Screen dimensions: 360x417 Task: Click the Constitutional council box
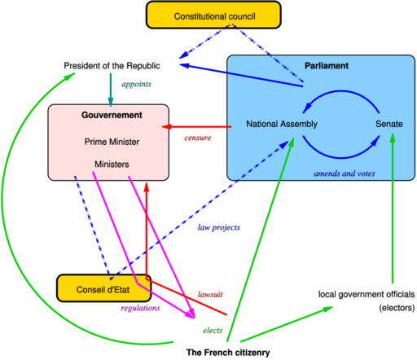[x=213, y=15]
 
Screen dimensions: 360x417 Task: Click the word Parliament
[x=326, y=66]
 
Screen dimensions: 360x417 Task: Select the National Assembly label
[x=282, y=124]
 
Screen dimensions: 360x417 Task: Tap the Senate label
[x=389, y=124]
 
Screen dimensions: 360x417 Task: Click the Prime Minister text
[x=112, y=143]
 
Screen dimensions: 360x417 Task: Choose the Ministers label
[x=112, y=165]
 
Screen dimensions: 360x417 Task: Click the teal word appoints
[x=136, y=85]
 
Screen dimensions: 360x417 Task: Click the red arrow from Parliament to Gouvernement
[x=195, y=127]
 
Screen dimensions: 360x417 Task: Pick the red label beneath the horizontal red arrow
[x=197, y=138]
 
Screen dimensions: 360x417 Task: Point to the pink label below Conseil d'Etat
[x=140, y=309]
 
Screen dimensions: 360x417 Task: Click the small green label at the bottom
[x=213, y=330]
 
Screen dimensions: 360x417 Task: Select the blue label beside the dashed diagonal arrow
[x=218, y=228]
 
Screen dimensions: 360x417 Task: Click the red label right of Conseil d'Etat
[x=210, y=294]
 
